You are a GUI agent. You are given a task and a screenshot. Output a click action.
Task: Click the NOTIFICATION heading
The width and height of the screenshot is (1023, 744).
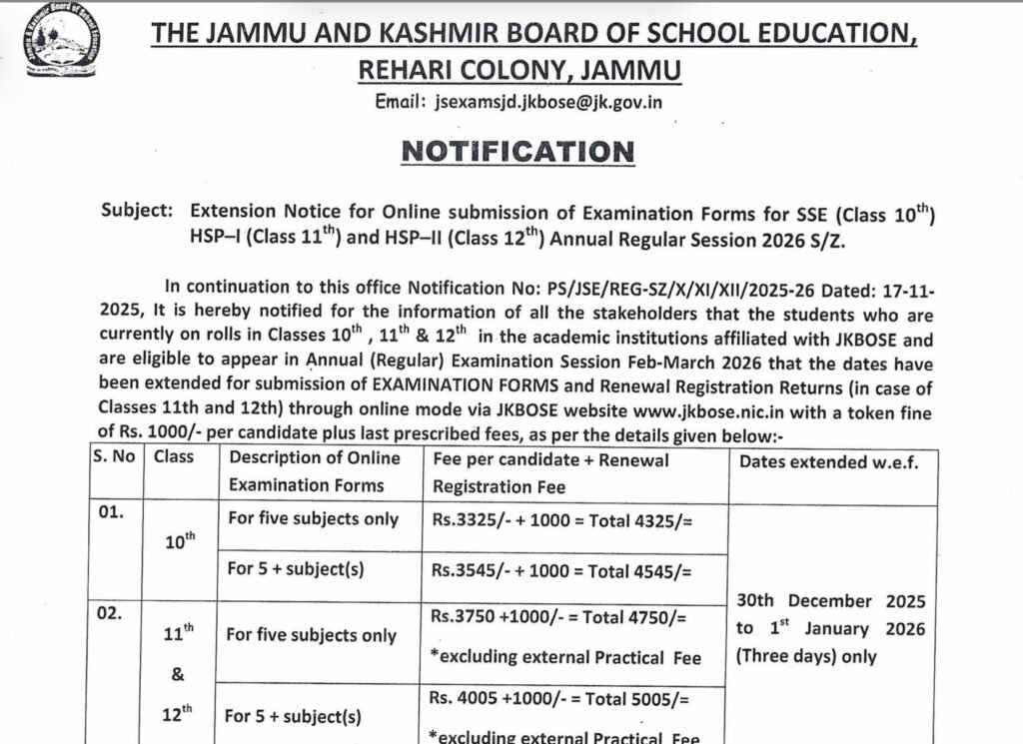(516, 152)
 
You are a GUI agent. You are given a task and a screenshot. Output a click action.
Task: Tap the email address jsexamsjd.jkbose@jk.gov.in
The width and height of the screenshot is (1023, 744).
(548, 101)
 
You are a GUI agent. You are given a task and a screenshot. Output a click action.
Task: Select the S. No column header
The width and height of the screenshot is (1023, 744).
(116, 458)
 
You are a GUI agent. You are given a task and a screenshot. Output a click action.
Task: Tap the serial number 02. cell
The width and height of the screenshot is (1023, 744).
(109, 614)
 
